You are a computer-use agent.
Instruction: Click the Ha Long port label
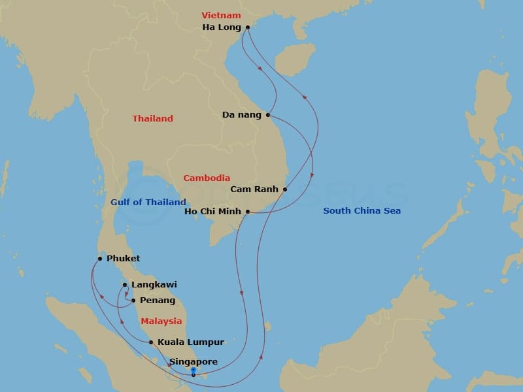point(222,27)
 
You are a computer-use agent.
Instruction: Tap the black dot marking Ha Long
point(248,27)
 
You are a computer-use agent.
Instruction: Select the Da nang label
point(241,115)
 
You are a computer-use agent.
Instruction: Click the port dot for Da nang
point(268,115)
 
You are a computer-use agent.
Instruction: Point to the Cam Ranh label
point(255,189)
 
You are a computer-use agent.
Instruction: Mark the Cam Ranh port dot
point(285,189)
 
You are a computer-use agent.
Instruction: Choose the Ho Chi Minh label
point(213,212)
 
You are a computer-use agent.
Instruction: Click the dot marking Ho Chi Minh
point(248,212)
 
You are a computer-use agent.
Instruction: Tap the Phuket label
point(123,259)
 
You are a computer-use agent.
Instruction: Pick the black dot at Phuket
point(99,259)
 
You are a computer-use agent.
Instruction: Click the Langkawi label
point(154,285)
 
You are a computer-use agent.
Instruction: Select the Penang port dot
point(133,301)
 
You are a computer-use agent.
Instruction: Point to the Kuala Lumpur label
point(191,342)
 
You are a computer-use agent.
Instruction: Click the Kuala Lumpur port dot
point(151,342)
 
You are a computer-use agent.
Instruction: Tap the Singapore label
point(194,361)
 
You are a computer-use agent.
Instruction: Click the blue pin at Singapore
point(194,371)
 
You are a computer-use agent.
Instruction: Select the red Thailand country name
point(152,119)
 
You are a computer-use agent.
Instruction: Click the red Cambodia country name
point(207,178)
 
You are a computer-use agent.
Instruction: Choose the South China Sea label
point(362,211)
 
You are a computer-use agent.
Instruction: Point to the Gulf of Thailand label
point(148,203)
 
